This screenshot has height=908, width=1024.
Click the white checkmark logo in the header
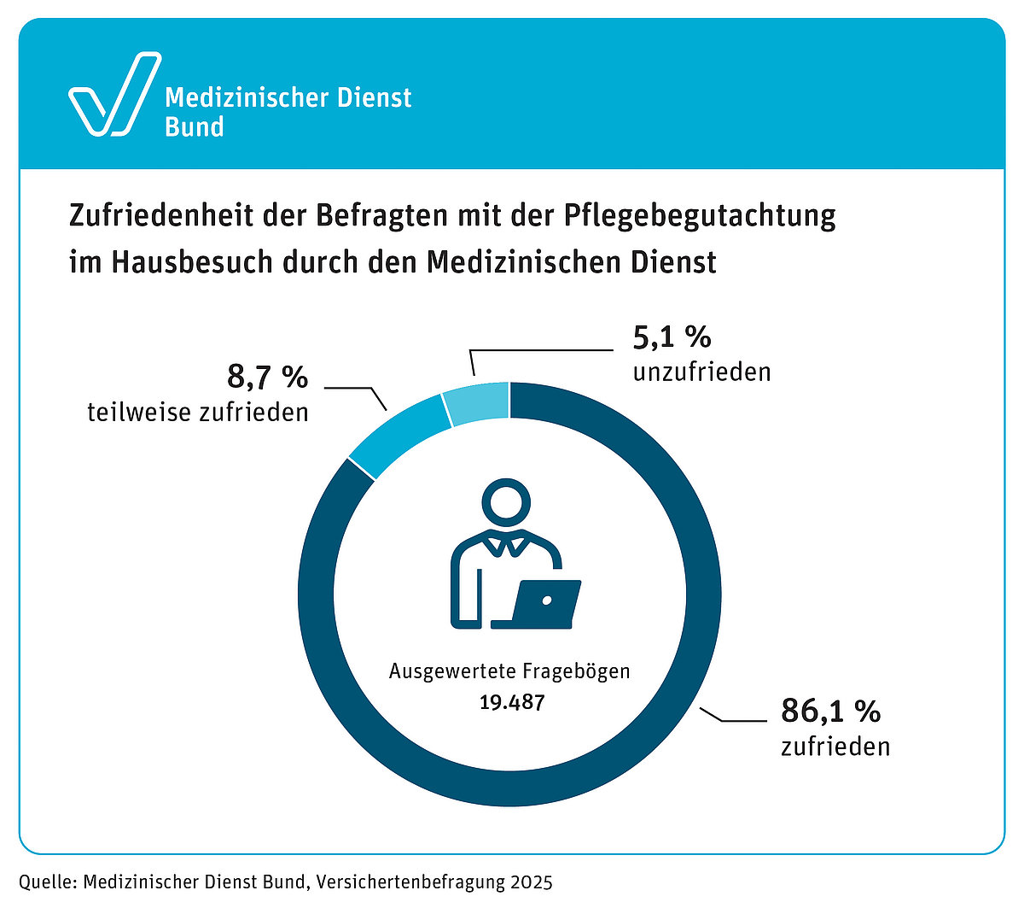click(113, 95)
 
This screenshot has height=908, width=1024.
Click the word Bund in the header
click(195, 127)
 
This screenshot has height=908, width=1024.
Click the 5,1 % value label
click(672, 337)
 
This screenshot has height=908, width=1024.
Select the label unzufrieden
click(701, 372)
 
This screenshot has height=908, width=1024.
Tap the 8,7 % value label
click(267, 377)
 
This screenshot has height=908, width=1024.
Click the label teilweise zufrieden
click(198, 413)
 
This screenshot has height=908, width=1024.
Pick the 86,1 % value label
click(830, 711)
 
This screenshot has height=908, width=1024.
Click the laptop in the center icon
click(545, 605)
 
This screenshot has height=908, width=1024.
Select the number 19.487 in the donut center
click(511, 703)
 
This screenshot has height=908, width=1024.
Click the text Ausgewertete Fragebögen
click(509, 671)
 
